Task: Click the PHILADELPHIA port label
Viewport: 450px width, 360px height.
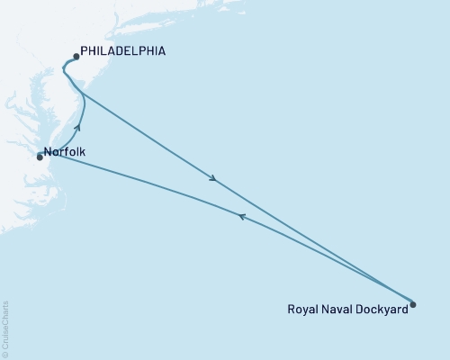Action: pyautogui.click(x=122, y=52)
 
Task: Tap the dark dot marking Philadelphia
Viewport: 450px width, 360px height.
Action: pyautogui.click(x=76, y=57)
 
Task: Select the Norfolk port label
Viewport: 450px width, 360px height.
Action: pyautogui.click(x=65, y=152)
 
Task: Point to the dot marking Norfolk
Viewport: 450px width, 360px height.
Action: pyautogui.click(x=40, y=157)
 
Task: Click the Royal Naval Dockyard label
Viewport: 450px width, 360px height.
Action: pyautogui.click(x=346, y=307)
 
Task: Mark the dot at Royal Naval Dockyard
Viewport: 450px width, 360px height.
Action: pyautogui.click(x=413, y=303)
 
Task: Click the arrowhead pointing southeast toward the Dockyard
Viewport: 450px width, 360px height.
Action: pyautogui.click(x=213, y=178)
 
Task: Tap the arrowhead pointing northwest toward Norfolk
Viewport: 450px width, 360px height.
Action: pyautogui.click(x=240, y=215)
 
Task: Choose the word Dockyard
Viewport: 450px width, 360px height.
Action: pyautogui.click(x=382, y=307)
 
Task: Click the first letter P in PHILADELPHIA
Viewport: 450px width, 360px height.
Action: pyautogui.click(x=84, y=52)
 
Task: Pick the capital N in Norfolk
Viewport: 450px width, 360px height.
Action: pyautogui.click(x=47, y=152)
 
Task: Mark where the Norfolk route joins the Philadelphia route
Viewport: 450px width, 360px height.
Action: pyautogui.click(x=83, y=93)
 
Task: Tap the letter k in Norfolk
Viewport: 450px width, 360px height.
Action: pyautogui.click(x=83, y=152)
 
